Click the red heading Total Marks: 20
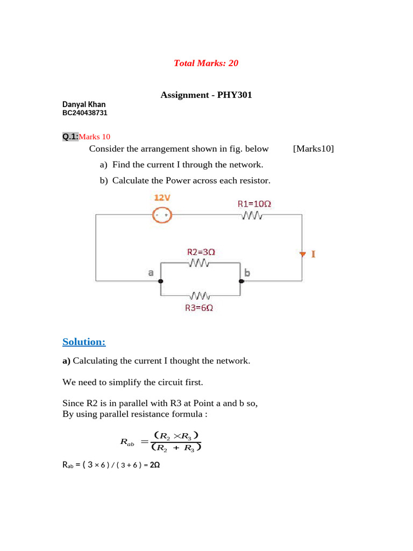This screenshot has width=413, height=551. point(206,63)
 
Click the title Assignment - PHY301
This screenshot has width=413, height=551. point(206,95)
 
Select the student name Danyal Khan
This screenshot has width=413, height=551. point(84,104)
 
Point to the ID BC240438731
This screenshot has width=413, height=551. point(85,113)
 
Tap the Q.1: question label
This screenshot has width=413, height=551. point(70,137)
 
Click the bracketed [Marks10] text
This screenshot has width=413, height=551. point(314,149)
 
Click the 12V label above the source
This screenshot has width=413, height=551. point(162,198)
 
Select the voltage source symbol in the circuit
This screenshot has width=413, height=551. point(162,215)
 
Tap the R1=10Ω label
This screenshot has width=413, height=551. point(254,204)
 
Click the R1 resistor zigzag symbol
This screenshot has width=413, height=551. point(252,215)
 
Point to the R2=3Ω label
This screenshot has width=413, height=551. point(201,252)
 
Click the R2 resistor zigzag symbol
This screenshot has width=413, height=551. point(199,263)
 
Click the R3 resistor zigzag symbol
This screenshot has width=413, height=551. point(200,296)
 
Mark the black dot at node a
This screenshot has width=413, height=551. point(161,281)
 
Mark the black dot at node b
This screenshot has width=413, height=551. point(241,281)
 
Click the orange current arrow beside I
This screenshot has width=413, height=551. point(302,254)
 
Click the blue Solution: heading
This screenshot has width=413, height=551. point(84,342)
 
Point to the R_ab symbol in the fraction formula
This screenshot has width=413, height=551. point(127,442)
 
